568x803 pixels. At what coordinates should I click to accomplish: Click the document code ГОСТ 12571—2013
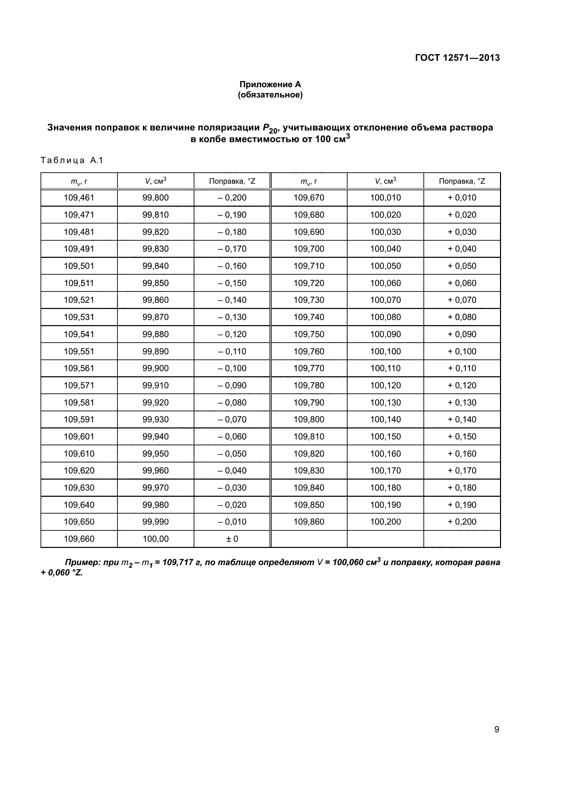457,58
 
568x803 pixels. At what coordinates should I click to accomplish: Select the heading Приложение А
270,84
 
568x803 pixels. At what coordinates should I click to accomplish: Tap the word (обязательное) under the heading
270,95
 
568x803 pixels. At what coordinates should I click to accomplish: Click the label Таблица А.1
72,161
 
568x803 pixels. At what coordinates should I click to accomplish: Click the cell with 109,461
79,198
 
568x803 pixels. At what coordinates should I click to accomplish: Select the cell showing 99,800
155,198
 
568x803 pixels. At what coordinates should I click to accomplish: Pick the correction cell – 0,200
232,198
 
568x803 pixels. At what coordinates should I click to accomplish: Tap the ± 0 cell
232,539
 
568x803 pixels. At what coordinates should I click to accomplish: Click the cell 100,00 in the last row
155,539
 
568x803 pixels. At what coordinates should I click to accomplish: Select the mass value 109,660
79,539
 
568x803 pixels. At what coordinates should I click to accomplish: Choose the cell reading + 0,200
462,521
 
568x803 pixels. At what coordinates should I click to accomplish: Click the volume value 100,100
385,351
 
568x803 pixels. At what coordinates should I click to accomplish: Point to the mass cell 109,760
309,351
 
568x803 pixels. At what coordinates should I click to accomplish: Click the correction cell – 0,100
232,368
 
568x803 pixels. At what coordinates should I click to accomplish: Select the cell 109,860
309,521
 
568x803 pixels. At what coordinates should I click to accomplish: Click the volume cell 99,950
155,454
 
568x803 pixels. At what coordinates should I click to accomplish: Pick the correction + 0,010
462,198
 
